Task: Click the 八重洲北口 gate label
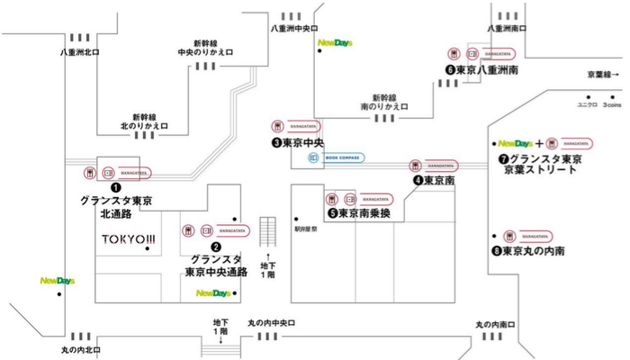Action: coord(80,52)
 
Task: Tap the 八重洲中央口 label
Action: coord(295,29)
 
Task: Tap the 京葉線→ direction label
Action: coord(603,75)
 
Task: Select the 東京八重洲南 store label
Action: coord(485,69)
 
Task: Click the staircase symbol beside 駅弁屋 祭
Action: coord(267,231)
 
